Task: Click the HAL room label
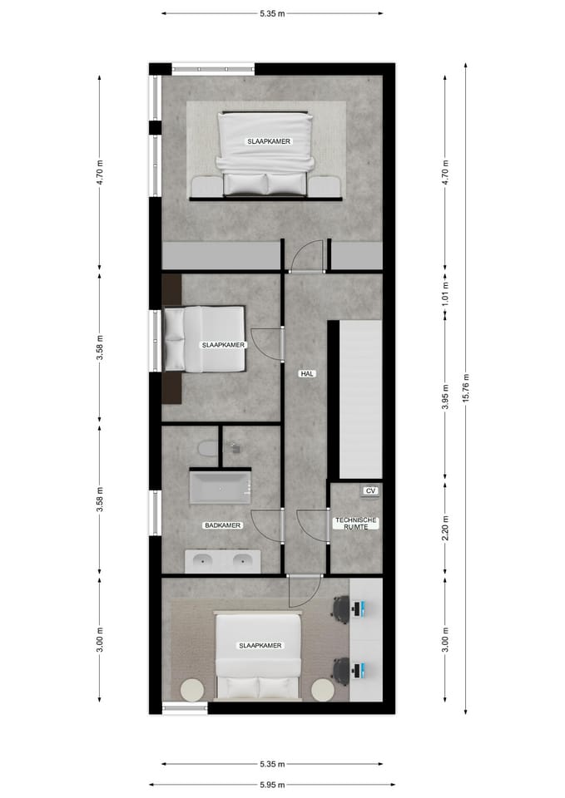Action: point(307,374)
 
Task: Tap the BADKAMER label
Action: point(222,525)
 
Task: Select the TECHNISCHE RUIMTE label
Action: point(356,523)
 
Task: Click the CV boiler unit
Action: point(370,491)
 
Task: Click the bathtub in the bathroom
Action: point(220,487)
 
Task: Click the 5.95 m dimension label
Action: point(272,785)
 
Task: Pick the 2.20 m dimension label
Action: point(445,530)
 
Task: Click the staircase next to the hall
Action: point(359,399)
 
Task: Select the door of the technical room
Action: point(314,525)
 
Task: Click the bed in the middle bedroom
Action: point(205,339)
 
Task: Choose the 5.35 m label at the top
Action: point(272,13)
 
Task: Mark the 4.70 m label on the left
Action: point(100,172)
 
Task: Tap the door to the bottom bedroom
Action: point(305,591)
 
